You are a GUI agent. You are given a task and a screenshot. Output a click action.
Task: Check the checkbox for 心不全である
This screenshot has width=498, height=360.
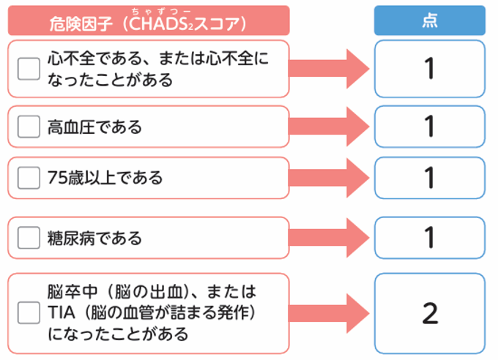coord(29,69)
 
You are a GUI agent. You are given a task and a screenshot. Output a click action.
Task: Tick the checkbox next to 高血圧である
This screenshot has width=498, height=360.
coord(29,127)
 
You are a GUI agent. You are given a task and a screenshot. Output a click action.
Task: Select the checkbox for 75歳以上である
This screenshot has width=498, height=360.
coord(29,178)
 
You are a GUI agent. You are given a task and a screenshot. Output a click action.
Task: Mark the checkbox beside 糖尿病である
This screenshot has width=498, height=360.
coord(29,238)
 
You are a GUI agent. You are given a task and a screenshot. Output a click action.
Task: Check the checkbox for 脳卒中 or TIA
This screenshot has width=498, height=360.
coord(29,313)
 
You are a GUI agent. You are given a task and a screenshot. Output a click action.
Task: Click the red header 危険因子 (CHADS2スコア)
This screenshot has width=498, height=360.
coord(148,22)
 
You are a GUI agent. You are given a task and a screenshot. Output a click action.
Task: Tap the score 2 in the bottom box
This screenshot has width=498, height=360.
coord(430,313)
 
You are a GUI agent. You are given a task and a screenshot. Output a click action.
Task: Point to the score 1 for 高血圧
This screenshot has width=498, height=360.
coord(430,127)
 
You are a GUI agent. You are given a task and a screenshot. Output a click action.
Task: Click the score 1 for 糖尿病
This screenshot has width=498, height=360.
coord(430,238)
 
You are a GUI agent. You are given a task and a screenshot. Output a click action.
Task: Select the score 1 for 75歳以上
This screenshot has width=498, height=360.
coord(430,178)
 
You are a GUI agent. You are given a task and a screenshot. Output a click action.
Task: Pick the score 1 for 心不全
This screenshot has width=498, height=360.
coord(430,69)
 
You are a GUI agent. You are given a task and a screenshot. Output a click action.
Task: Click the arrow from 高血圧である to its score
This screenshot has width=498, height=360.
coord(329,127)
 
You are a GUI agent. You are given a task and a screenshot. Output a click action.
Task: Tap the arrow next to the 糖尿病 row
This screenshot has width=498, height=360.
coord(329,238)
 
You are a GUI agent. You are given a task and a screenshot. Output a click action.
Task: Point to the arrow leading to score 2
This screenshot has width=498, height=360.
coord(329,313)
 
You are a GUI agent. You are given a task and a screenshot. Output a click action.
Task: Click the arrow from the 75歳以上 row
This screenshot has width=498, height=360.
coord(329,178)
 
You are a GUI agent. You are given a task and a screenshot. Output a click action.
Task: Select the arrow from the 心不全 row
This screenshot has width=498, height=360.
coord(329,69)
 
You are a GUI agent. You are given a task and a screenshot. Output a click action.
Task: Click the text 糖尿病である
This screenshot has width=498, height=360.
coord(94,239)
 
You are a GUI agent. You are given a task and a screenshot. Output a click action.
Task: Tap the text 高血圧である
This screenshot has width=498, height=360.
coord(94,127)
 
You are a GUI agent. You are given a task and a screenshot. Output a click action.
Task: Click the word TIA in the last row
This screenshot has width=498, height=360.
coord(61,313)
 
